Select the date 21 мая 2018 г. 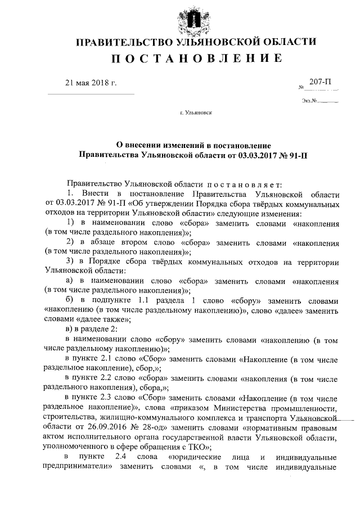[x=91, y=84]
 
